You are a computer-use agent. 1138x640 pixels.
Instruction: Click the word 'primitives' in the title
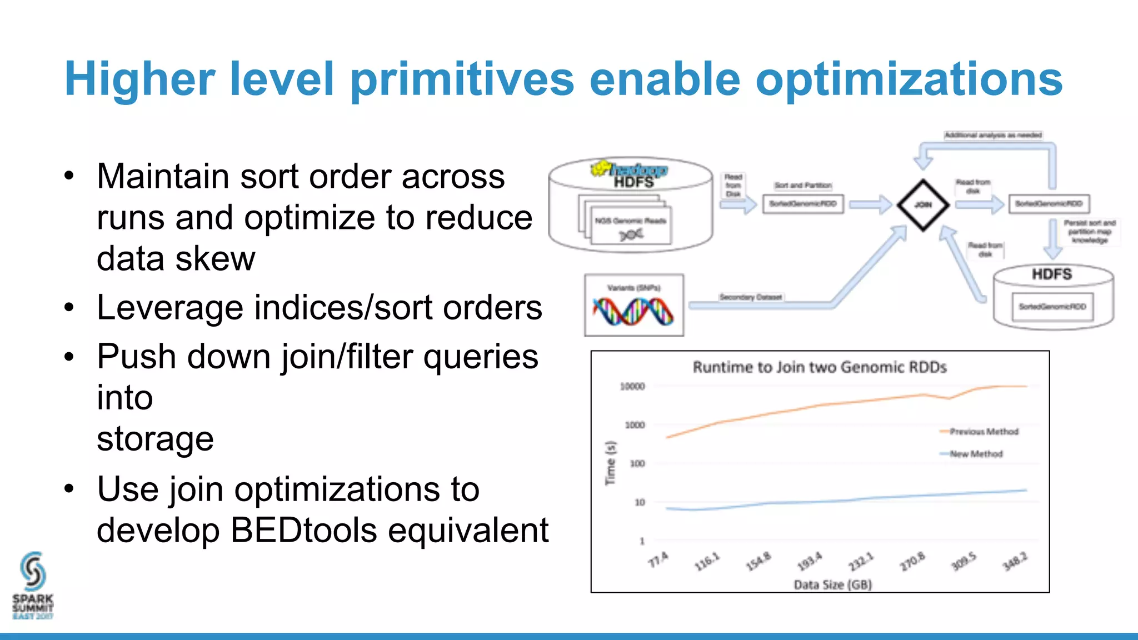[462, 79]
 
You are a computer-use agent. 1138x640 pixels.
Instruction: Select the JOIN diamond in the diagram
[923, 205]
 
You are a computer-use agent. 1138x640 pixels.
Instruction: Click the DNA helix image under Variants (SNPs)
[633, 312]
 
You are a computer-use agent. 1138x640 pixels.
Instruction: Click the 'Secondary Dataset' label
[750, 297]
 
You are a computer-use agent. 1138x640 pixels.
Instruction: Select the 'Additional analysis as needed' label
[993, 135]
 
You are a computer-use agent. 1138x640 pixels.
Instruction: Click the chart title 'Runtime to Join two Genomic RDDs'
[820, 367]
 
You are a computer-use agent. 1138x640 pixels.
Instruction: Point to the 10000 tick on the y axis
[632, 386]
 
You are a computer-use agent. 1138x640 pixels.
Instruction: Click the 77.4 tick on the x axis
[658, 560]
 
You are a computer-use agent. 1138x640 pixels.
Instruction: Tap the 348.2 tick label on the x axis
[1015, 562]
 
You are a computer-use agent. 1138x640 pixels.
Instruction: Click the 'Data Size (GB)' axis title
[832, 584]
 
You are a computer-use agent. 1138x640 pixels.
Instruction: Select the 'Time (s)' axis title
[611, 463]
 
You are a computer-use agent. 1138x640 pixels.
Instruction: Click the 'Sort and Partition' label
[803, 186]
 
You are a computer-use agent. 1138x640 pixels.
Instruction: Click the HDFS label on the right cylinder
[1052, 274]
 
